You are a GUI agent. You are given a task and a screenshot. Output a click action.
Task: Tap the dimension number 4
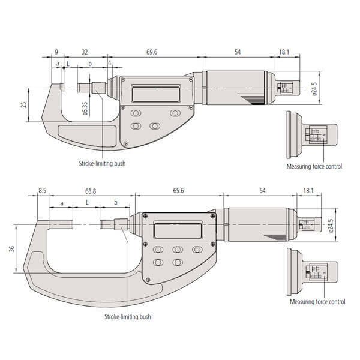click(x=109, y=62)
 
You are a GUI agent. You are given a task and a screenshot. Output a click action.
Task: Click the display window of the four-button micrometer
click(x=155, y=94)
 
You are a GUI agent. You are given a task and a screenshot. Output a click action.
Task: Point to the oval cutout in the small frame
click(x=86, y=131)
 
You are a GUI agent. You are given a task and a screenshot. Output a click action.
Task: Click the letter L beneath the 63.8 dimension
click(x=87, y=203)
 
